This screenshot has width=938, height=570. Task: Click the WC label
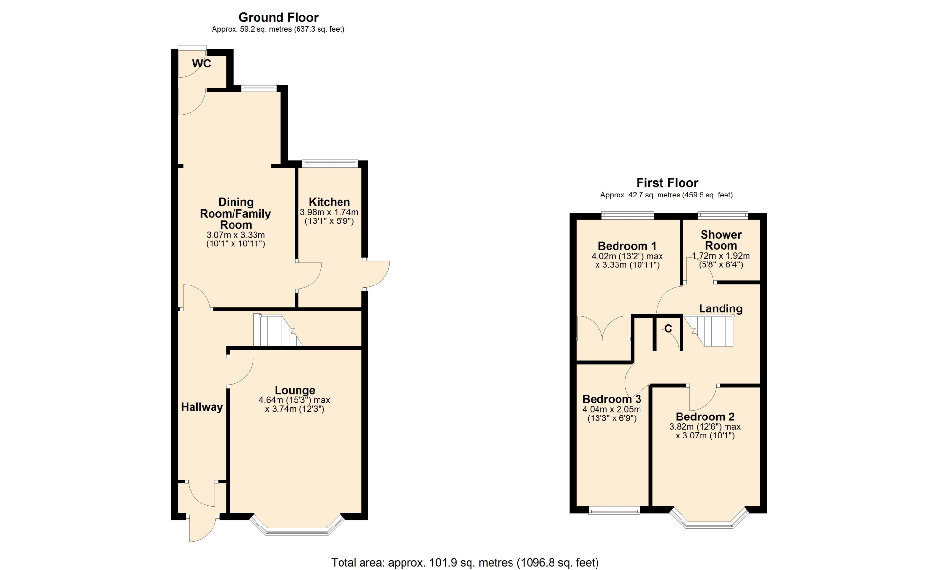[201, 64]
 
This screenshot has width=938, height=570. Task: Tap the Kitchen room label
[329, 202]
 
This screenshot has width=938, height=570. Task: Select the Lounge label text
[295, 390]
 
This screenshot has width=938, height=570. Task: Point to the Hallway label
[202, 407]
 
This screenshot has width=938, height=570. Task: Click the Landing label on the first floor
[721, 308]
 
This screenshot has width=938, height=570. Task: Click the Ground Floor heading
[278, 17]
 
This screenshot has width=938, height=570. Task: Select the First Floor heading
[667, 183]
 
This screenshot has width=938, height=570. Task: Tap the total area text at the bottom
[465, 563]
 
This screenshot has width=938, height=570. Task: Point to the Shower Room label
[721, 240]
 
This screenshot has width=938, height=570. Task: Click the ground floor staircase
[277, 330]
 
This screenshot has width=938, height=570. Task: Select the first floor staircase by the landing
[709, 331]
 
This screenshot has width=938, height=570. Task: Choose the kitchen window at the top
[330, 163]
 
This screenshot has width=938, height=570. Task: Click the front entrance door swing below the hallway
[201, 528]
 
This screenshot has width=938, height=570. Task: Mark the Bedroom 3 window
[614, 511]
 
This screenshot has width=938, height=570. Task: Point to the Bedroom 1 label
[627, 246]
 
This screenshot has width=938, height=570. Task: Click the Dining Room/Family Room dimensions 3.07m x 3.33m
[236, 239]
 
